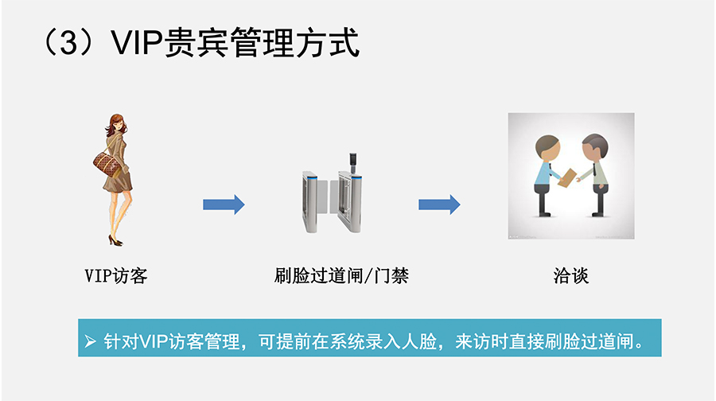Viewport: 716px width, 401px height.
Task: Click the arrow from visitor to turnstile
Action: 224,204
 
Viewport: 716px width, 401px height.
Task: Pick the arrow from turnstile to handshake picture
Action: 439,204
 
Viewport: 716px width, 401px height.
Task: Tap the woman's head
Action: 116,125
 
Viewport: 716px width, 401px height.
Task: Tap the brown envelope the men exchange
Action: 568,178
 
